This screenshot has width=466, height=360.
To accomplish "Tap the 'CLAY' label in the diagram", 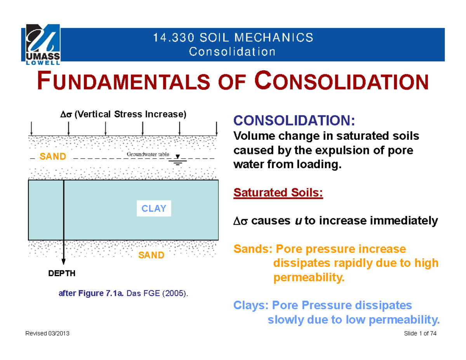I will pyautogui.click(x=154, y=209).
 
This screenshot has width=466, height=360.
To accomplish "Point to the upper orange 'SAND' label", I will pyautogui.click(x=53, y=157).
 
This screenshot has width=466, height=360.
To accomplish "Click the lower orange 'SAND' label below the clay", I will pyautogui.click(x=151, y=255).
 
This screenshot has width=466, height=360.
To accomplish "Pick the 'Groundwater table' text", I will pyautogui.click(x=148, y=154).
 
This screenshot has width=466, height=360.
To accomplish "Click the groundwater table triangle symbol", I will pyautogui.click(x=178, y=157).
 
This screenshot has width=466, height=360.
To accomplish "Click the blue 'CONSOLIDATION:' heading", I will pyautogui.click(x=294, y=121).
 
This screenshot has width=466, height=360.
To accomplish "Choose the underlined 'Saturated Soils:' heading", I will pyautogui.click(x=278, y=193).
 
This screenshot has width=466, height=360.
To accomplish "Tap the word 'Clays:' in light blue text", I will pyautogui.click(x=251, y=305).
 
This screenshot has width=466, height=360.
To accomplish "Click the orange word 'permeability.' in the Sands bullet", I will pyautogui.click(x=309, y=278).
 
